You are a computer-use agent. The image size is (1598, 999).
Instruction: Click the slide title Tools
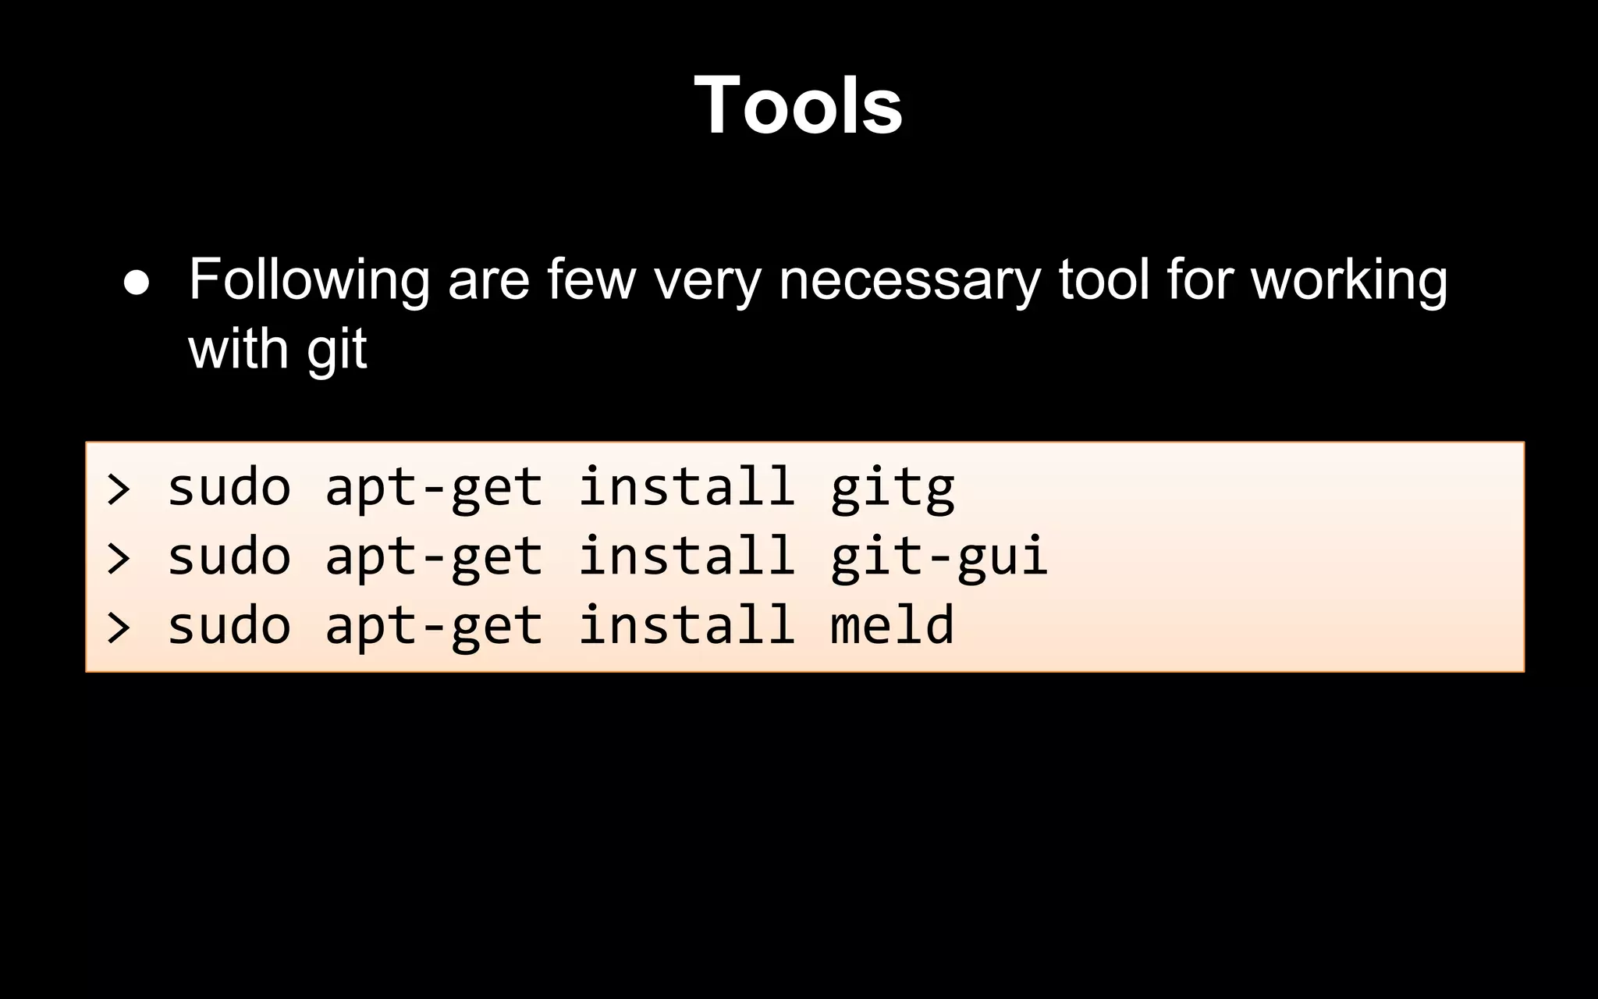[x=798, y=105]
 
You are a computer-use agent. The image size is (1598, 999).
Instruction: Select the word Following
[x=309, y=281]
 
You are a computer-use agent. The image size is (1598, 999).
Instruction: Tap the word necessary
[x=909, y=281]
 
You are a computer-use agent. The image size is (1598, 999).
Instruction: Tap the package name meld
[x=892, y=624]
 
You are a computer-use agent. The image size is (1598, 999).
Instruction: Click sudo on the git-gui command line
[x=229, y=556]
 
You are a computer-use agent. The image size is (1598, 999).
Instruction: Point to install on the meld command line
[x=686, y=624]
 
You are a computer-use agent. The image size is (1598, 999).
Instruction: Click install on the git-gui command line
[x=686, y=556]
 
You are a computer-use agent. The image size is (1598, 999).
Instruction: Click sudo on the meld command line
[x=229, y=625]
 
